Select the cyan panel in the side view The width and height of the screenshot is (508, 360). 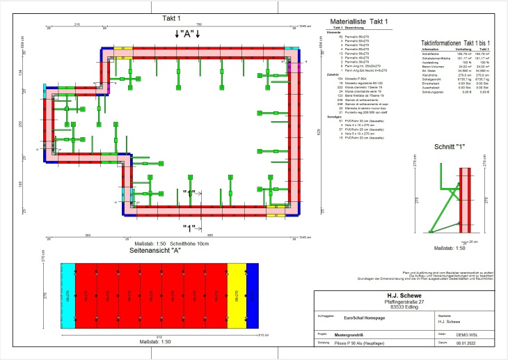click(68, 295)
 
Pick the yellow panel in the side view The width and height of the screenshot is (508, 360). click(237, 295)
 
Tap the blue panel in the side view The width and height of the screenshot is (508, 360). click(253, 295)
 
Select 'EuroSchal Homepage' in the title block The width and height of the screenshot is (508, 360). click(366, 315)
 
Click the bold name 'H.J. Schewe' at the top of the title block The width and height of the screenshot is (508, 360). click(409, 295)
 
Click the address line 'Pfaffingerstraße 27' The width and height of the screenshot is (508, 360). click(409, 302)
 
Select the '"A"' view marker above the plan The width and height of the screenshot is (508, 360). click(187, 33)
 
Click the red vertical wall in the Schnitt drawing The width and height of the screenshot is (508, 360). click(468, 197)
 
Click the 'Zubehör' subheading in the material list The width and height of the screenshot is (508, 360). click(333, 73)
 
